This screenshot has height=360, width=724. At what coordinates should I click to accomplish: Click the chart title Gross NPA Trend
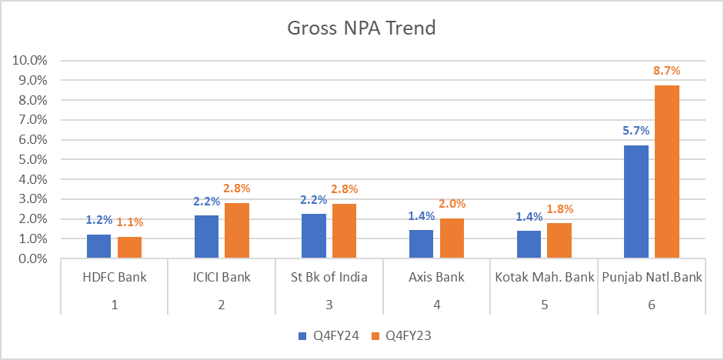pyautogui.click(x=362, y=29)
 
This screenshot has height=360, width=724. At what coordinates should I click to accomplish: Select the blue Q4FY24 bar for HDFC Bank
pyautogui.click(x=98, y=246)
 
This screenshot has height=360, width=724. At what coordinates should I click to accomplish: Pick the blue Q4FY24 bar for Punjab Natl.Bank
pyautogui.click(x=636, y=202)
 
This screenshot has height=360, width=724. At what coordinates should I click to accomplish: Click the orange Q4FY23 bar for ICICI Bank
pyautogui.click(x=237, y=231)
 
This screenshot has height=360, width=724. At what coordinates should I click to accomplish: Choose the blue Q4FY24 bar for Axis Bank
pyautogui.click(x=421, y=244)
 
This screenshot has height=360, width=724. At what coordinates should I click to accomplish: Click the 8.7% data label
pyautogui.click(x=667, y=70)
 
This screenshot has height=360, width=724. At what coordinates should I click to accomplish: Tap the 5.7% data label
pyautogui.click(x=636, y=130)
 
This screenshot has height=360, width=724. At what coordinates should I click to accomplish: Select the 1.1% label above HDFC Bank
pyautogui.click(x=131, y=222)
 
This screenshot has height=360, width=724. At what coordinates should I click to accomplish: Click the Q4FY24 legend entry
pyautogui.click(x=324, y=335)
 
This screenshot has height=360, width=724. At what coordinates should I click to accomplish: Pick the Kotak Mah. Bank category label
pyautogui.click(x=545, y=278)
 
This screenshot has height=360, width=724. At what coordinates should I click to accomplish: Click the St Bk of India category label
pyautogui.click(x=329, y=278)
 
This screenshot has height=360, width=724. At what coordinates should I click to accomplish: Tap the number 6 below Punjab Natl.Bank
pyautogui.click(x=652, y=305)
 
